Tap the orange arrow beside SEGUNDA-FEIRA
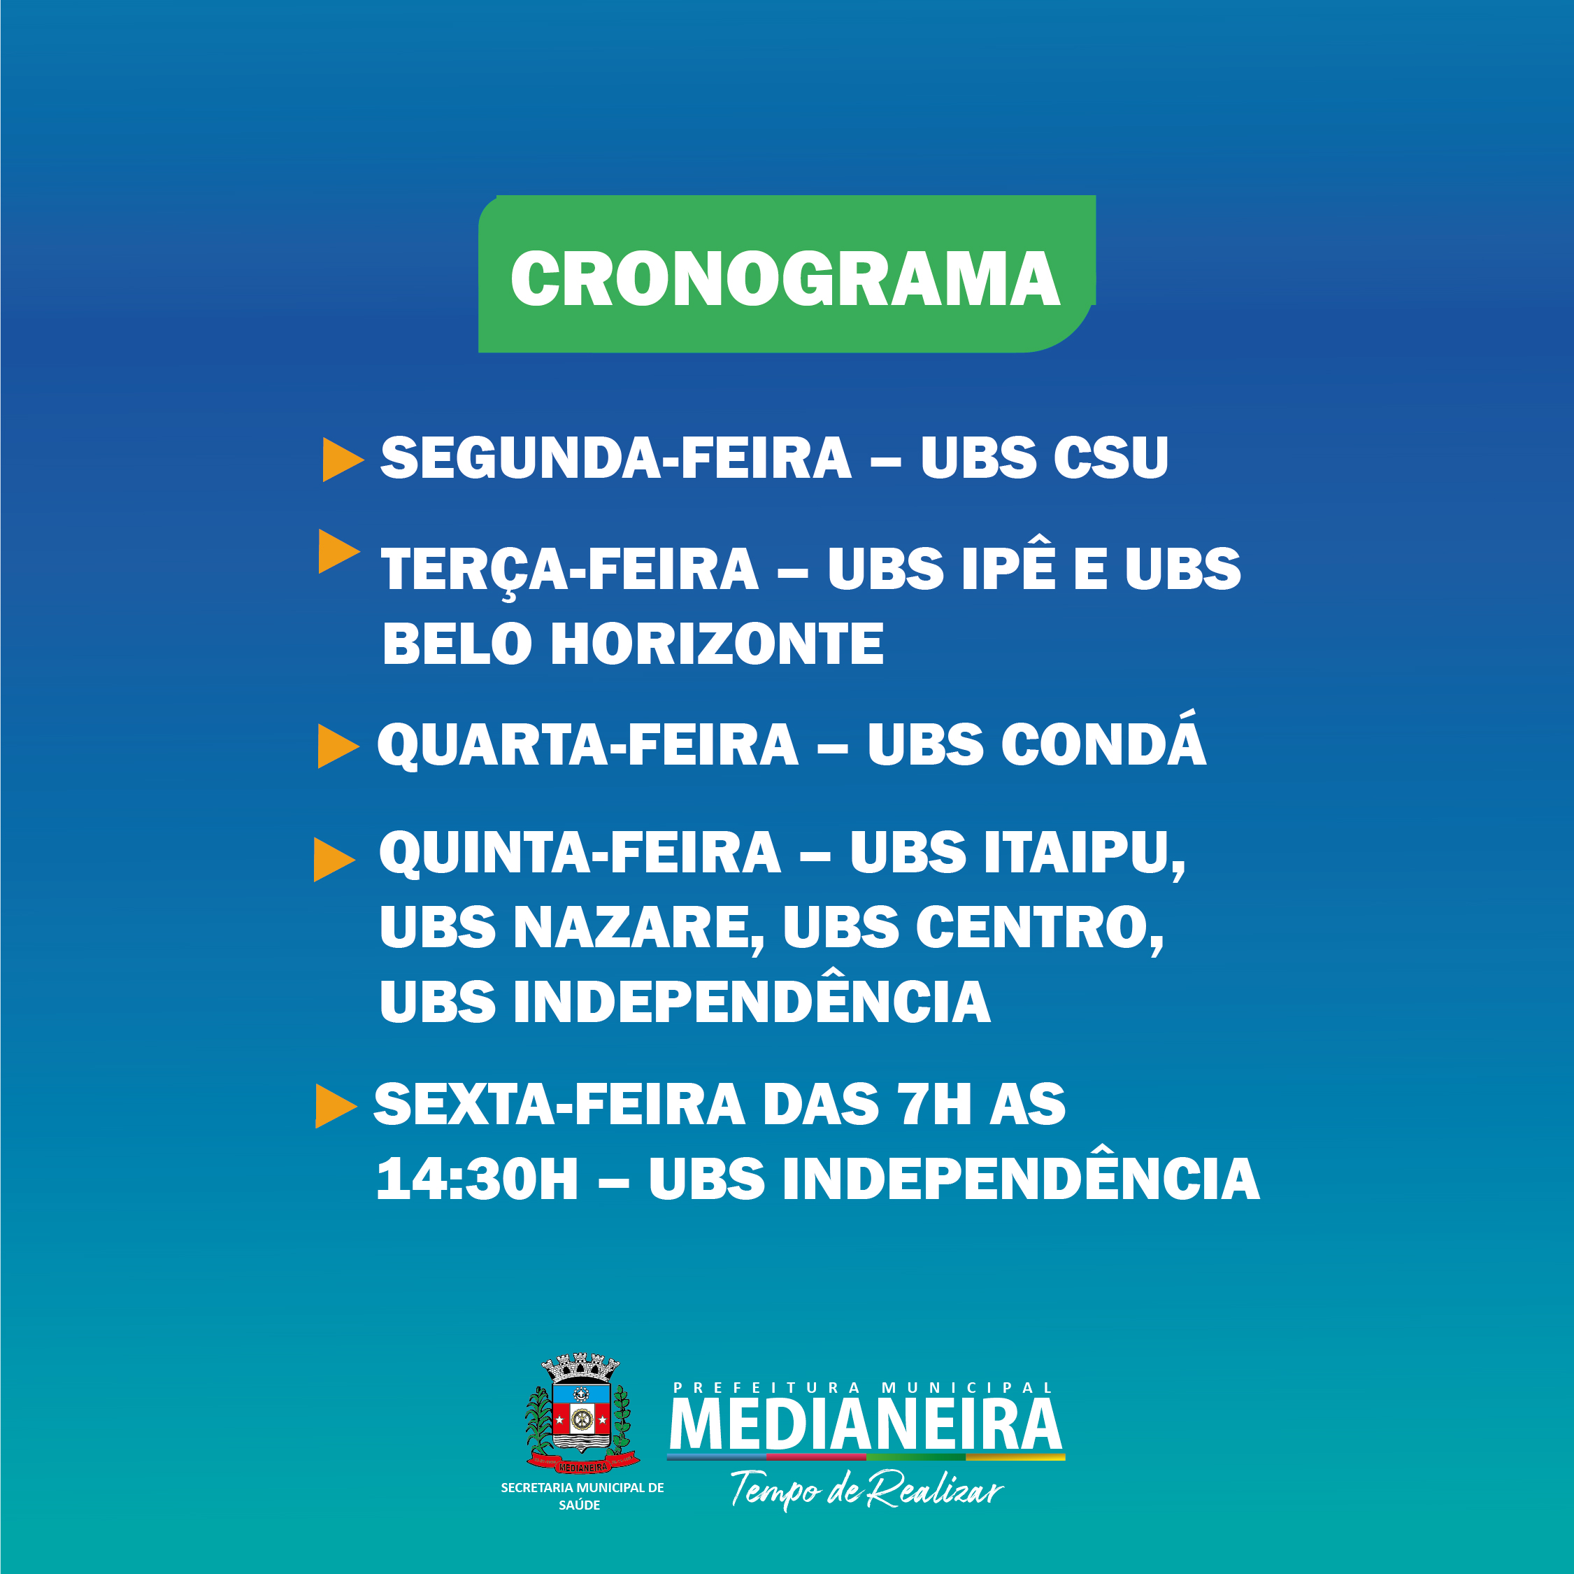(342, 460)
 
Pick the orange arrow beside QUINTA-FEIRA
(334, 859)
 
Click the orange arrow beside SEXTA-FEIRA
(336, 1106)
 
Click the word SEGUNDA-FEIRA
(616, 458)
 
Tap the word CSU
(1110, 458)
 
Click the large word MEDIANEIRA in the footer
(865, 1425)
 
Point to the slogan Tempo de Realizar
(866, 1490)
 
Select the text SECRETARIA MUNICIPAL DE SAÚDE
(582, 1496)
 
